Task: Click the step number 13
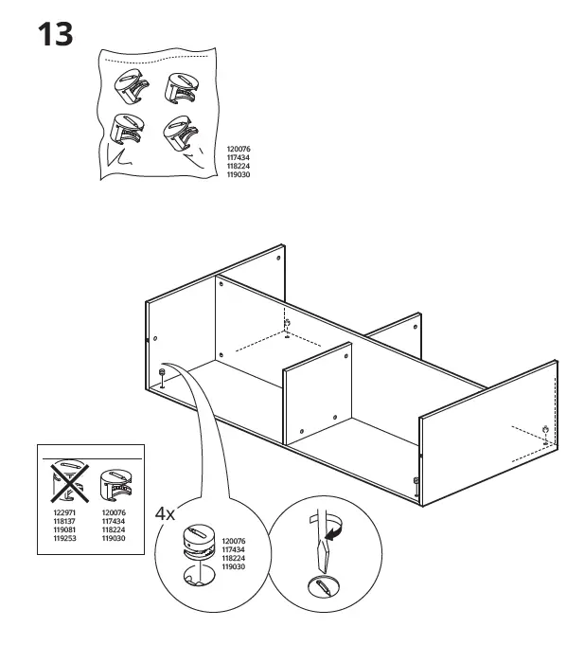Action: pyautogui.click(x=55, y=35)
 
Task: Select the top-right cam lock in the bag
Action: pyautogui.click(x=183, y=88)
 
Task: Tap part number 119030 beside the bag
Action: pyautogui.click(x=239, y=175)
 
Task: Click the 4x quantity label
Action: pyautogui.click(x=166, y=514)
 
